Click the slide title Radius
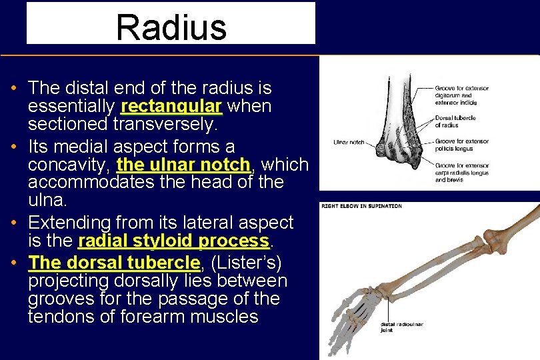pos(171,27)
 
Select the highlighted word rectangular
pos(171,107)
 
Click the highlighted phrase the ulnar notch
pos(183,165)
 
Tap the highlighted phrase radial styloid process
pos(173,241)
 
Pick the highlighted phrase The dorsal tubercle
pos(114,263)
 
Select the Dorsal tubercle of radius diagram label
pos(455,121)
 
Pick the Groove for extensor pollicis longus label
pos(461,145)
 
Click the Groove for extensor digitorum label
pos(461,95)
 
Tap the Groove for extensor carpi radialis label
pos(461,172)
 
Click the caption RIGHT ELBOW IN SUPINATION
pos(362,206)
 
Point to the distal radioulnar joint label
pos(401,327)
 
